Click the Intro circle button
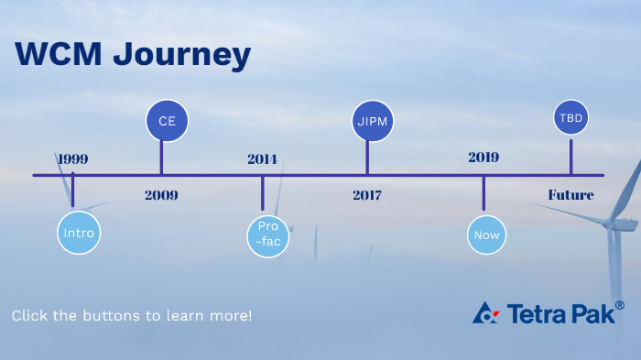tap(79, 233)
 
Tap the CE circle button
tap(167, 121)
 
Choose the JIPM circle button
tap(372, 121)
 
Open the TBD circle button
tap(570, 118)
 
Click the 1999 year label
tap(72, 158)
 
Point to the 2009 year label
tap(161, 195)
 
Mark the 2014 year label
tap(262, 158)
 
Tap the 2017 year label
tap(366, 195)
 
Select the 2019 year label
tap(483, 158)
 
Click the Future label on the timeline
tap(570, 195)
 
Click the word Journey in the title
tap(181, 55)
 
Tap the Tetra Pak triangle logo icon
tap(485, 313)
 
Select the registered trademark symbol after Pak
tap(620, 305)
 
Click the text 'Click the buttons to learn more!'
tap(132, 315)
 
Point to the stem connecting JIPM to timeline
tap(367, 157)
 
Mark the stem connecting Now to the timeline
tap(483, 195)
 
